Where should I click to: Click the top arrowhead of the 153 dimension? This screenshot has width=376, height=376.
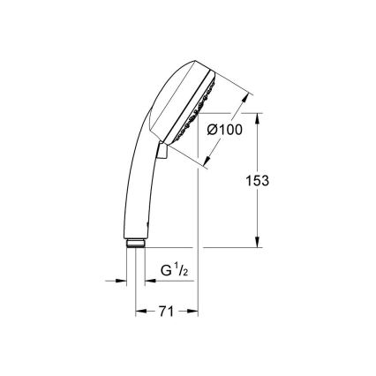(258, 117)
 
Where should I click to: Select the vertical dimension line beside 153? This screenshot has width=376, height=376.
(258, 212)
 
